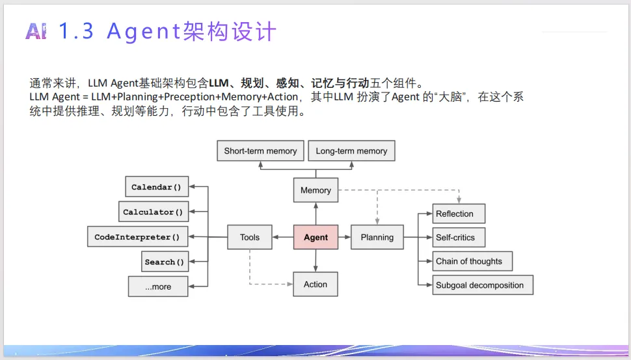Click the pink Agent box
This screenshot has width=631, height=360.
click(x=315, y=238)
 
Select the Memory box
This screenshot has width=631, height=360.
click(x=315, y=191)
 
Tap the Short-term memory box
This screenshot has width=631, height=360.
click(x=260, y=151)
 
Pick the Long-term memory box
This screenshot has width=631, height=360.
click(x=351, y=151)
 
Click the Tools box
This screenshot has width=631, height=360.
click(x=250, y=238)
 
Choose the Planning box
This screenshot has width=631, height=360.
click(x=377, y=238)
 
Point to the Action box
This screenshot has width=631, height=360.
click(x=315, y=284)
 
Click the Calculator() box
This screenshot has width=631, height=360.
click(x=153, y=212)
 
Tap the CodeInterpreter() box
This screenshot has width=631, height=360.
click(x=137, y=237)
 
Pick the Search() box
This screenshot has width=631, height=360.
click(x=165, y=262)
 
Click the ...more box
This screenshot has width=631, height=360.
click(x=158, y=286)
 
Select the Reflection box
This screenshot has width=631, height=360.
click(x=459, y=214)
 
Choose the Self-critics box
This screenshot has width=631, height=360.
click(x=459, y=238)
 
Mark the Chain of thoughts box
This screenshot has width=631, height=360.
click(x=472, y=261)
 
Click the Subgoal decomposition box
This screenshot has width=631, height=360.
click(x=483, y=285)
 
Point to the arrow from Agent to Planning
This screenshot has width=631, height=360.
click(x=345, y=238)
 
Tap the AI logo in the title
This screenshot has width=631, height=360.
click(x=36, y=31)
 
